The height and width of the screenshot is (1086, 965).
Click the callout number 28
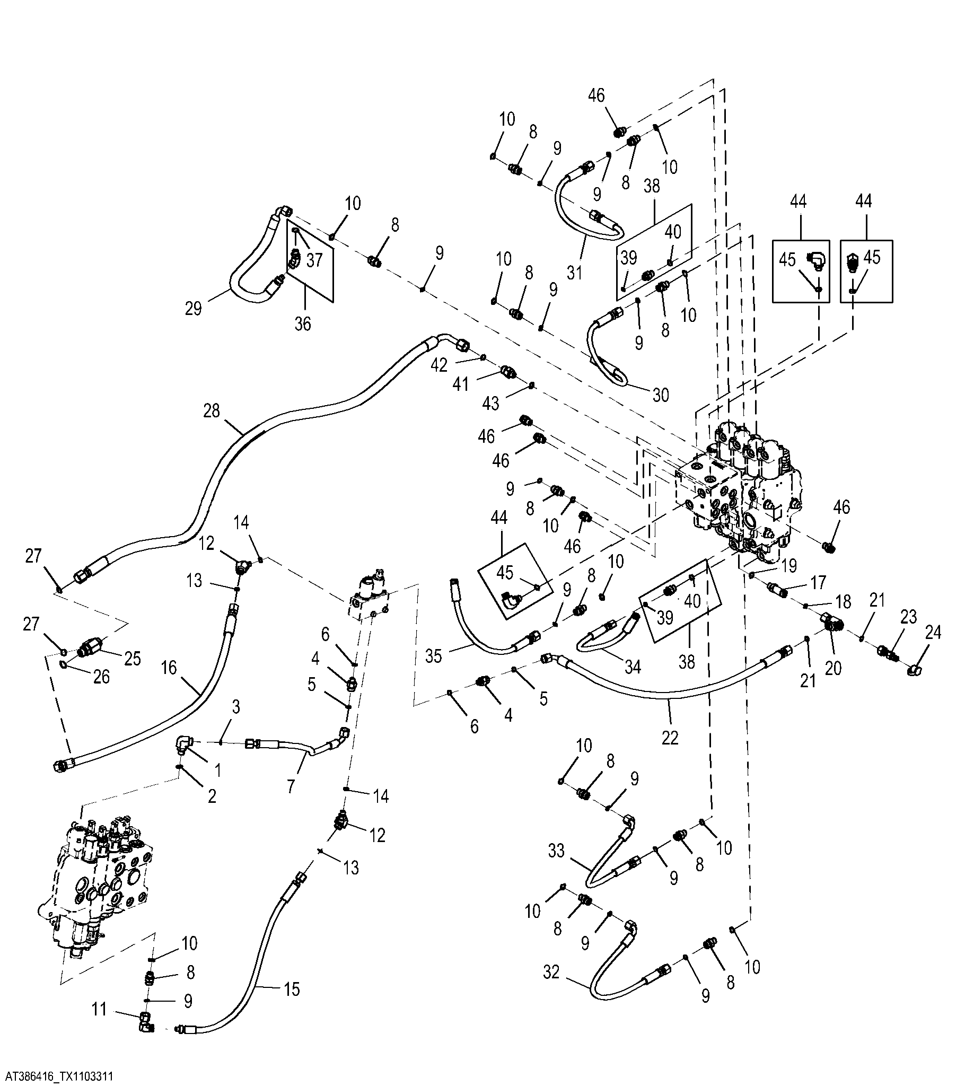click(211, 411)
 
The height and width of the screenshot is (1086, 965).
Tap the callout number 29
click(194, 308)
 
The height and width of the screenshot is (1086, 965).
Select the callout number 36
click(303, 323)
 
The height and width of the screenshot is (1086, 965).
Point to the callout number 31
click(574, 273)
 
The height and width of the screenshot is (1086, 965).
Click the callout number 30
click(661, 395)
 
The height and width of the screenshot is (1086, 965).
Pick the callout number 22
click(670, 738)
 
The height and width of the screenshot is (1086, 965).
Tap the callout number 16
click(169, 668)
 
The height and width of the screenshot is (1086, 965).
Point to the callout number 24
click(933, 632)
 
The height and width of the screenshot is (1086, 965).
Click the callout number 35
click(434, 656)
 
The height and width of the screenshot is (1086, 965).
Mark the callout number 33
click(556, 851)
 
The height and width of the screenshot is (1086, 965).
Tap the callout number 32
click(551, 972)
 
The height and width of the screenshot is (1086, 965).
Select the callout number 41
click(461, 383)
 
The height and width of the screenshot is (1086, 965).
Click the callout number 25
click(133, 659)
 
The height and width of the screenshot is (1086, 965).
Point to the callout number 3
click(236, 707)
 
